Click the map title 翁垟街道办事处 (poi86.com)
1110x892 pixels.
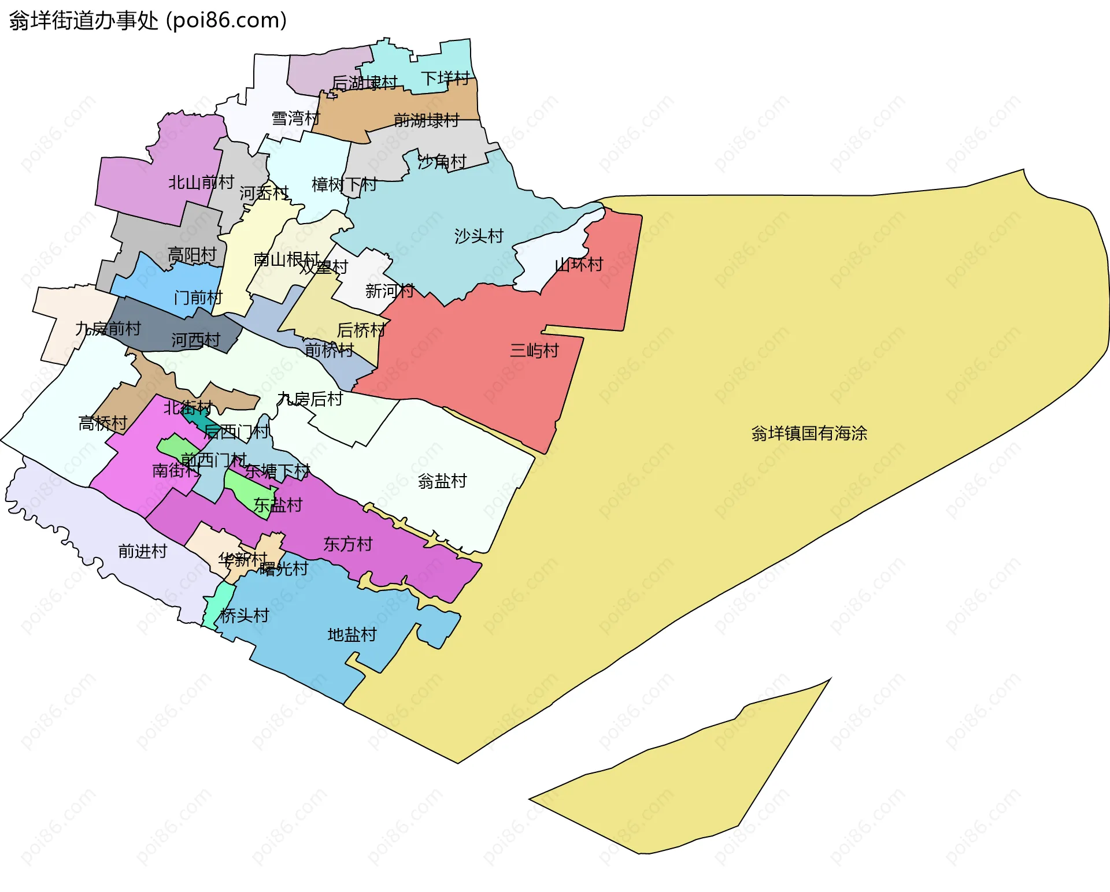148,21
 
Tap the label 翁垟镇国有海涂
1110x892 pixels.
809,433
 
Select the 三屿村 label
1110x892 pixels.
534,351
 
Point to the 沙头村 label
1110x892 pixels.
479,236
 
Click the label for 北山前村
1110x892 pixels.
201,183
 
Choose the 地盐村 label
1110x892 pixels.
352,635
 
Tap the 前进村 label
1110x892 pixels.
142,551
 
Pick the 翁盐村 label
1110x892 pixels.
442,481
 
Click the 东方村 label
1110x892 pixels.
347,544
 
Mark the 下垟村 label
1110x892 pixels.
445,78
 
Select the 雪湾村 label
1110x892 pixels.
295,118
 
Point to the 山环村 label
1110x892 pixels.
579,265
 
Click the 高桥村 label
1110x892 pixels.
103,423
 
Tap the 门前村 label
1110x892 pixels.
198,298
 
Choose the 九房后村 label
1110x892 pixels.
310,399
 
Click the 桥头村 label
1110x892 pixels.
245,615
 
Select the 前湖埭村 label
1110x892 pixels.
426,120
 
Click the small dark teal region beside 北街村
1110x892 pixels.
197,416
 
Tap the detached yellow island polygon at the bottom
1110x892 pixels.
694,774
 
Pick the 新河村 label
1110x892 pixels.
389,291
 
